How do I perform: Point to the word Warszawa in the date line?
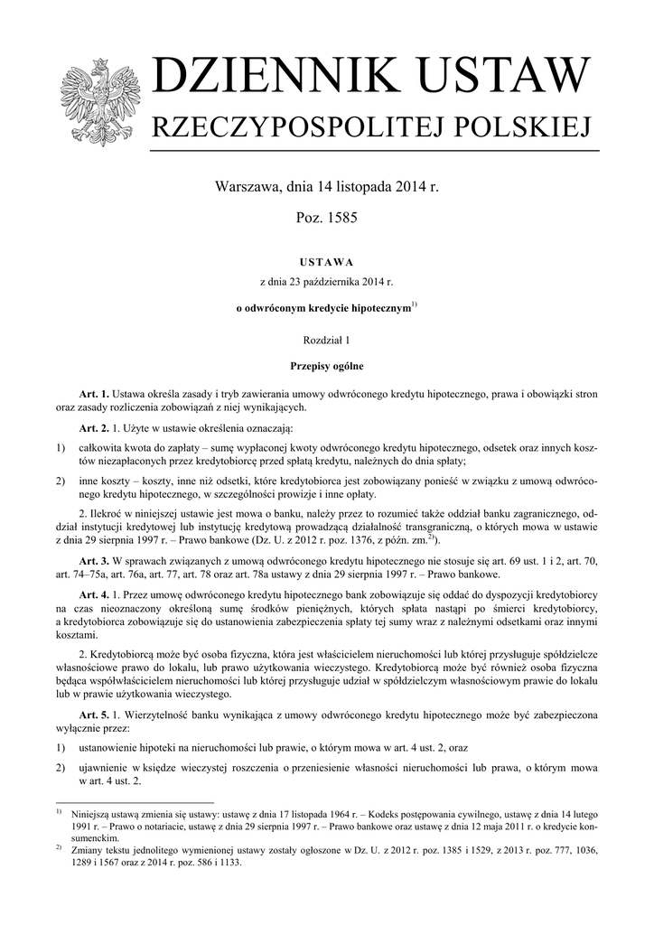(x=245, y=188)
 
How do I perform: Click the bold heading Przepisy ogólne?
(x=327, y=367)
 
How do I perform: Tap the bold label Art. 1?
(x=94, y=394)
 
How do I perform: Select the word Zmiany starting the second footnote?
(x=93, y=849)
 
